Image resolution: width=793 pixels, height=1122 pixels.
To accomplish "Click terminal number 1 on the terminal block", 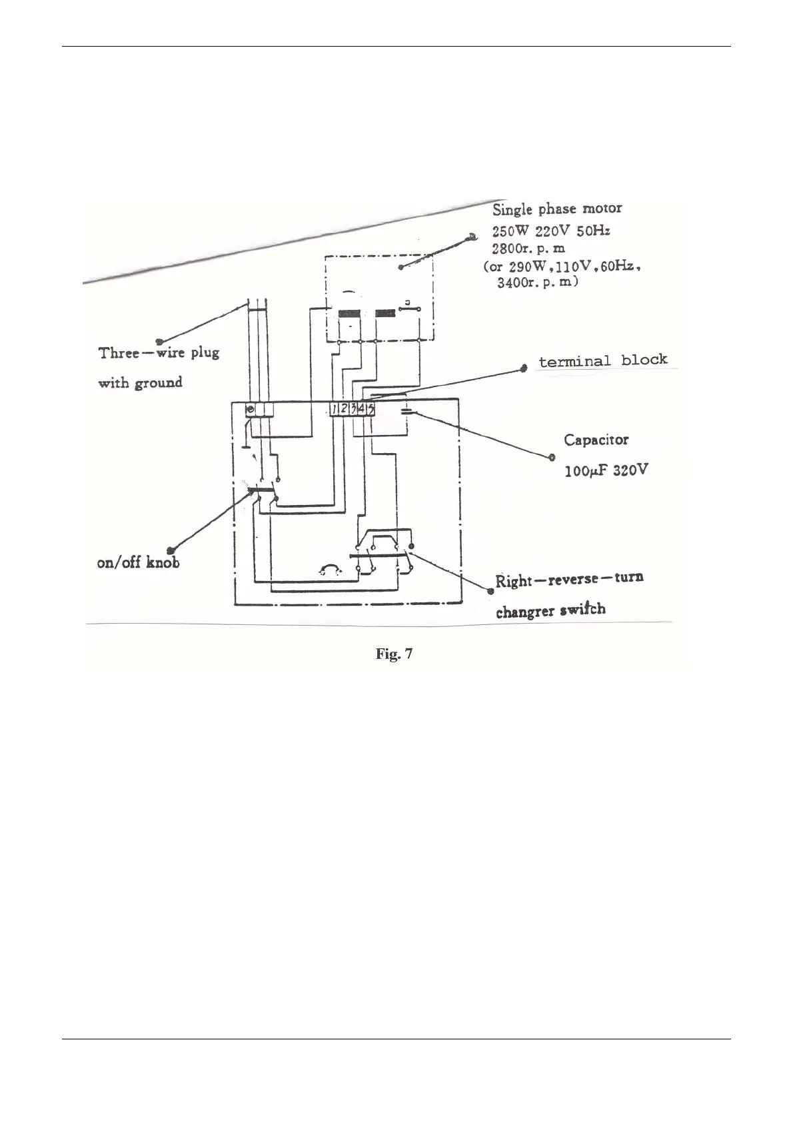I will pos(335,409).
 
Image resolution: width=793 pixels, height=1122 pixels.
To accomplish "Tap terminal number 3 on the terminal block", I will pos(353,409).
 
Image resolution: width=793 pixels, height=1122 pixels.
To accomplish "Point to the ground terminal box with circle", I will pos(251,409).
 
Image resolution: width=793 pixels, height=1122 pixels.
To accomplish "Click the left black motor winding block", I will pos(349,314).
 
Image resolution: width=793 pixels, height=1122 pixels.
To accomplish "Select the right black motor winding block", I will pos(385,314).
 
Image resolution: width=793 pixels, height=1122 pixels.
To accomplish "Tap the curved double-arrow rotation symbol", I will pos(330,568).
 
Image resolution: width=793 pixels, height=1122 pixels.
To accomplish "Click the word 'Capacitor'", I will pos(596,440).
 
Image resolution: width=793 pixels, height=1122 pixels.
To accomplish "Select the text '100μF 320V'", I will pos(606,470).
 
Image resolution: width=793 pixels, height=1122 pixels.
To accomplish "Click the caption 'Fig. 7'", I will pos(394,654).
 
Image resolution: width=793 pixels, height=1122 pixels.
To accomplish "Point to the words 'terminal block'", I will pos(602,360).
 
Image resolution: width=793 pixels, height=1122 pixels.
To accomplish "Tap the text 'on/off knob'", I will pos(139,563).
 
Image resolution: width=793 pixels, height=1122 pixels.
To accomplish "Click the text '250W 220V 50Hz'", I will pos(551,231).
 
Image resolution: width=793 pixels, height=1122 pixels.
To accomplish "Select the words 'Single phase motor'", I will pos(557,209).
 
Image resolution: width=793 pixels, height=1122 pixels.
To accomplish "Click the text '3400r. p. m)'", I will pos(538,282).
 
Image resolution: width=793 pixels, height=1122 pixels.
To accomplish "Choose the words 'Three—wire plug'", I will pos(159,352).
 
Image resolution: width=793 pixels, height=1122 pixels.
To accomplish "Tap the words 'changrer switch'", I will pos(550,610).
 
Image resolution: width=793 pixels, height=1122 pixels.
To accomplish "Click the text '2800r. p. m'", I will pos(528,249).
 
